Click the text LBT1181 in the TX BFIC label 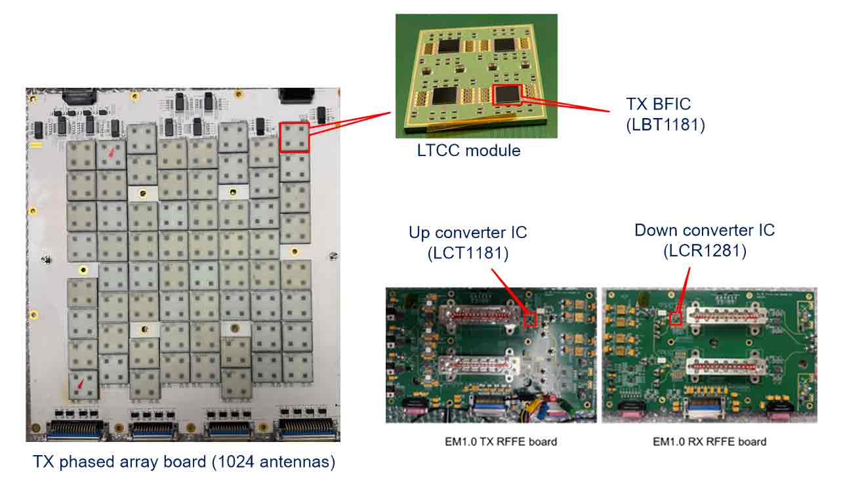pyautogui.click(x=665, y=125)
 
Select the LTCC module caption pyautogui.click(x=468, y=151)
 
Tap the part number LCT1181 pyautogui.click(x=467, y=253)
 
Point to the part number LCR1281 pyautogui.click(x=704, y=251)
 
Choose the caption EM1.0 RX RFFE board pyautogui.click(x=709, y=441)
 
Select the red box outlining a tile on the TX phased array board pyautogui.click(x=294, y=137)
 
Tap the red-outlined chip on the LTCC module pyautogui.click(x=507, y=94)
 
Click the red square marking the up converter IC pyautogui.click(x=530, y=319)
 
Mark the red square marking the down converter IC pyautogui.click(x=676, y=318)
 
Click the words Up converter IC pyautogui.click(x=467, y=233)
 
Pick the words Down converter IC pyautogui.click(x=704, y=230)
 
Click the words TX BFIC pyautogui.click(x=659, y=104)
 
